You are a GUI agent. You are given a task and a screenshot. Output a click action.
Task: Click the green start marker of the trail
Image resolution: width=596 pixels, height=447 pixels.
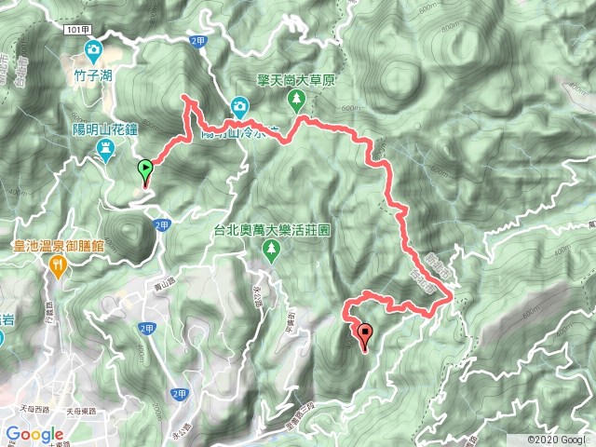click(145, 170)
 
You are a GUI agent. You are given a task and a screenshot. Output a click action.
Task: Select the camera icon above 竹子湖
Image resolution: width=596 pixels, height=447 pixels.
click(94, 48)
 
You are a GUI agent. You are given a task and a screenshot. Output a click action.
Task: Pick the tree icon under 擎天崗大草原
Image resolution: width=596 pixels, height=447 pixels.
click(297, 98)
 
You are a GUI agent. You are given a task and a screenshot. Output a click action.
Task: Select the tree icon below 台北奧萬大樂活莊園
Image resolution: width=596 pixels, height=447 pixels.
click(270, 248)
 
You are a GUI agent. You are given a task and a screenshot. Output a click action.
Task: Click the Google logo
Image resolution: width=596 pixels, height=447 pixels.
click(34, 434)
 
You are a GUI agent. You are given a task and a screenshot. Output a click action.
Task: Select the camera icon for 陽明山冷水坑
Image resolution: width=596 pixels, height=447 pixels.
click(239, 106)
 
